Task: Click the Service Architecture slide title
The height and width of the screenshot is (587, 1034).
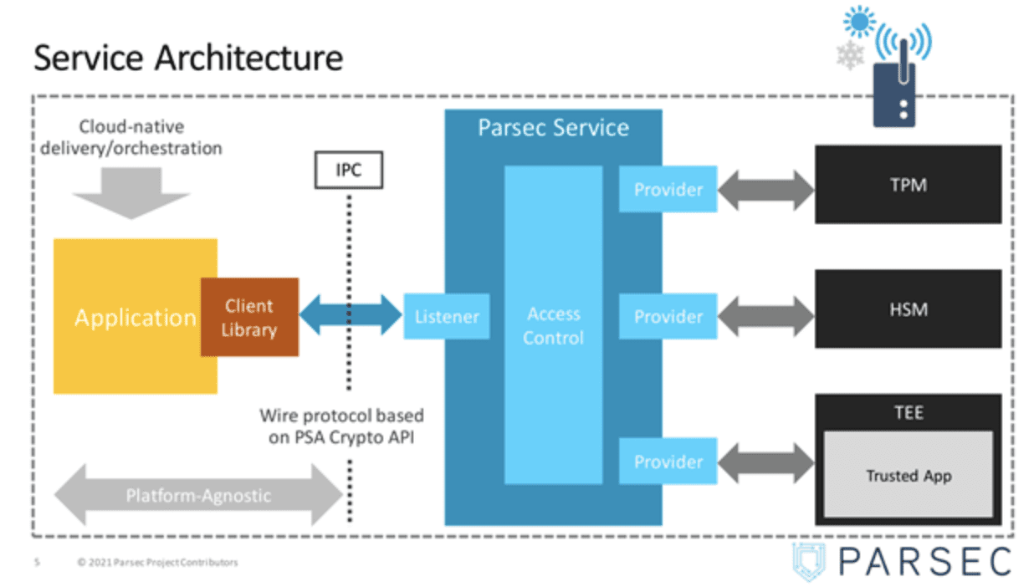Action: pos(188,59)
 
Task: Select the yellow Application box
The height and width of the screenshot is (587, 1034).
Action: pos(125,318)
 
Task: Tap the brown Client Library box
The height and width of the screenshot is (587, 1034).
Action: pos(249,317)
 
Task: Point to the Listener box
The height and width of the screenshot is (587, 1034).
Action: pos(447,317)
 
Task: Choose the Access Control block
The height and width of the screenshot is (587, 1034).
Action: pos(553,325)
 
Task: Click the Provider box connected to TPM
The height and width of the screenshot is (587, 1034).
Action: pos(668,190)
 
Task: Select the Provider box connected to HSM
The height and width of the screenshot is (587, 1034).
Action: pos(668,317)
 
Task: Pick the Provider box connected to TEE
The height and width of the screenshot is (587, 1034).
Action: pos(668,462)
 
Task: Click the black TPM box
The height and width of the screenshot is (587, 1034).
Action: pos(908,185)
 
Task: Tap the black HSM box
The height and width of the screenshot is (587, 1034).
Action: pos(908,309)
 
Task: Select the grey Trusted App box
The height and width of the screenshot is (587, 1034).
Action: pos(908,475)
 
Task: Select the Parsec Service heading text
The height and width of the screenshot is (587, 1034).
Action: pos(553,128)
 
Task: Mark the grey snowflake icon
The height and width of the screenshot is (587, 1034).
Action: pos(850,55)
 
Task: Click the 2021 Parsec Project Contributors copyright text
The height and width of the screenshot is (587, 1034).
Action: pos(157,563)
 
